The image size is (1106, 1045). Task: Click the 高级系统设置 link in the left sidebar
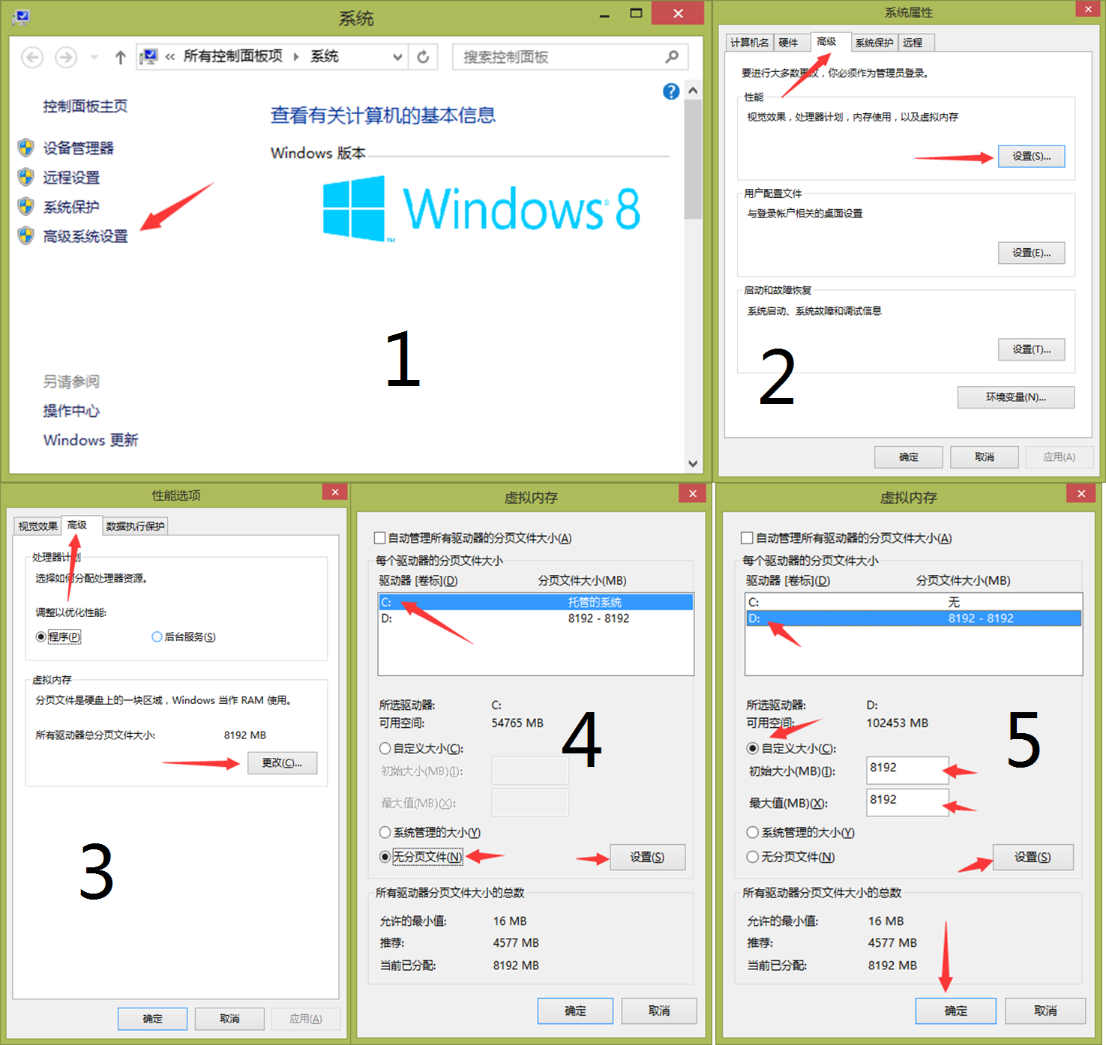click(x=85, y=237)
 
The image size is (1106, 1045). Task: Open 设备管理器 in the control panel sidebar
click(x=79, y=148)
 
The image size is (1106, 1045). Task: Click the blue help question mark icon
click(x=671, y=91)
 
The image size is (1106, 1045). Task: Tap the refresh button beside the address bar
click(x=423, y=57)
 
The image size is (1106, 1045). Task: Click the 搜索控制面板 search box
click(x=569, y=57)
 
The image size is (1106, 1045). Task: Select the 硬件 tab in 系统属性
click(x=788, y=43)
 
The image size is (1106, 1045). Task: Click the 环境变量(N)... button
click(x=1016, y=397)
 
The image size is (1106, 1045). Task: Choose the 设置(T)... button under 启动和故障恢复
click(x=1031, y=349)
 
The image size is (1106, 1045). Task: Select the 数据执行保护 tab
click(x=135, y=525)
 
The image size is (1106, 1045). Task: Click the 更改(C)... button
click(x=283, y=762)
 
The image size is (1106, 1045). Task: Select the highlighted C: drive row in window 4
click(x=535, y=602)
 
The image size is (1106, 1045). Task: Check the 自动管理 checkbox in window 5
click(x=747, y=538)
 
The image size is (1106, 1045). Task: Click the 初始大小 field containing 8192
click(x=907, y=771)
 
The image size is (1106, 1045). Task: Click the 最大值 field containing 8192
click(x=907, y=802)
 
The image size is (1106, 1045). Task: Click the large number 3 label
click(x=97, y=872)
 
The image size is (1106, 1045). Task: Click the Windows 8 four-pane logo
click(x=354, y=208)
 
